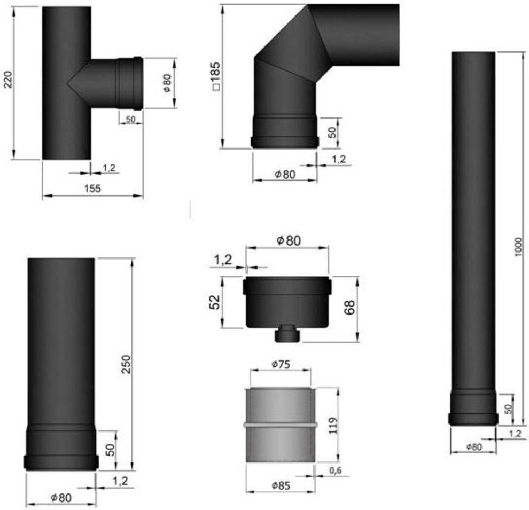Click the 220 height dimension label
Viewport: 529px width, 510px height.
(x=8, y=80)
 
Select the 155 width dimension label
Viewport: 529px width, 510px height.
(x=92, y=189)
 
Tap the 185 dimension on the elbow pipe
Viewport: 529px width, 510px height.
(x=215, y=76)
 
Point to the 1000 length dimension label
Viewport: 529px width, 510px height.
(x=518, y=247)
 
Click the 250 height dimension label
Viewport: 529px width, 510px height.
(x=126, y=364)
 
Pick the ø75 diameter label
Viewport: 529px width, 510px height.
(x=281, y=364)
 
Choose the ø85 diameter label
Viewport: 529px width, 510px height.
(x=281, y=486)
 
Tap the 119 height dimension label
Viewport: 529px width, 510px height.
(x=332, y=426)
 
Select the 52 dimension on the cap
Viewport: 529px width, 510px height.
(x=215, y=302)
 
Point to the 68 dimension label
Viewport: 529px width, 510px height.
(x=349, y=307)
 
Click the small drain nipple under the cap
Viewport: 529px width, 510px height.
(x=287, y=334)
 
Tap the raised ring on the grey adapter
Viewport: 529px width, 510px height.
(x=280, y=426)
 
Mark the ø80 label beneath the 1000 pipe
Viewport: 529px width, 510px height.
(x=474, y=447)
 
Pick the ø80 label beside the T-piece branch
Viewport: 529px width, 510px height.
(x=167, y=83)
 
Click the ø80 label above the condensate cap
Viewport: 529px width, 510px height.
(x=289, y=241)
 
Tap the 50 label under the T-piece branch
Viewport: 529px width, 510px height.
(x=130, y=119)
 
